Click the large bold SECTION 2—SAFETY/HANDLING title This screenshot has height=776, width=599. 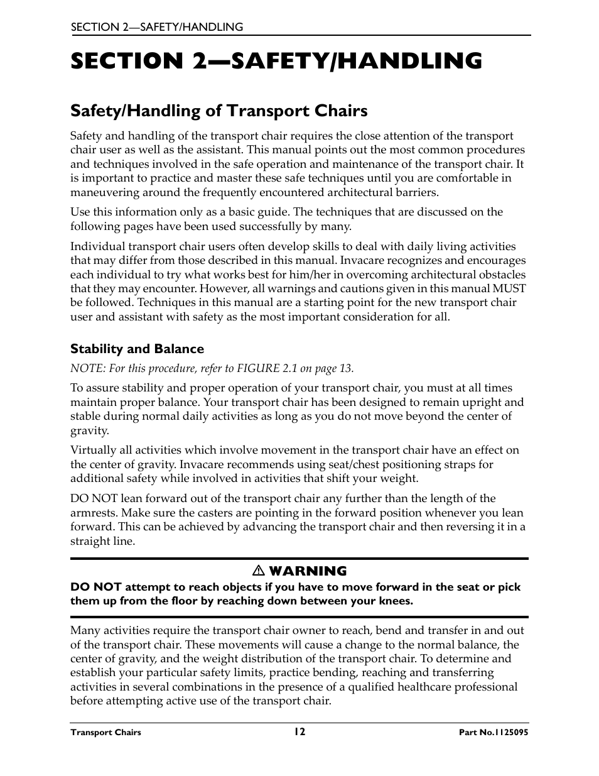click(276, 61)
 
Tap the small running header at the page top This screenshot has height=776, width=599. click(156, 27)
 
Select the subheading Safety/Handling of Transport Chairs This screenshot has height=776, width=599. click(219, 111)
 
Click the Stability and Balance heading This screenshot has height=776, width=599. click(137, 349)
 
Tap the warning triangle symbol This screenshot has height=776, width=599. click(257, 571)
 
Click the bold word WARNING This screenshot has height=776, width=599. click(308, 571)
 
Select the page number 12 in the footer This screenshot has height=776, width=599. click(299, 731)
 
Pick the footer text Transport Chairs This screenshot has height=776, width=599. click(105, 733)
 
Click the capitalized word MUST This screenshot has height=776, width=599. click(509, 288)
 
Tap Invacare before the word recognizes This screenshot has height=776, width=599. click(414, 260)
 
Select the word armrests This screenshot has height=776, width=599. click(93, 513)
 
